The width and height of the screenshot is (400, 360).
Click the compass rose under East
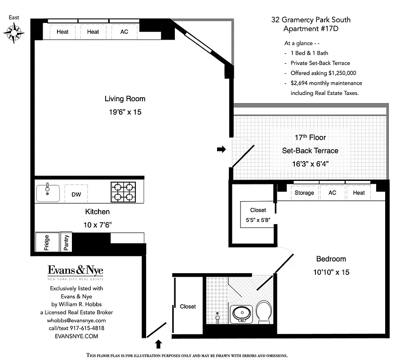(x=13, y=32)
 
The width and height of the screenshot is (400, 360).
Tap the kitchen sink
(x=48, y=193)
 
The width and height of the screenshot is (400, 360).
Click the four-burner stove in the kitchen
(x=124, y=192)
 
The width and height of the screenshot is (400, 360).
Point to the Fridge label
(x=47, y=243)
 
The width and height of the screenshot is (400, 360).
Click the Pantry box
(x=66, y=243)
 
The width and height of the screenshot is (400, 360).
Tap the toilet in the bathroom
(x=264, y=311)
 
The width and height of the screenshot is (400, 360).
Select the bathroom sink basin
(x=241, y=313)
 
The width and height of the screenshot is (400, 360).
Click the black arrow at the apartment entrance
(x=158, y=344)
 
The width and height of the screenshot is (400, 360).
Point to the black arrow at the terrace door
(x=221, y=149)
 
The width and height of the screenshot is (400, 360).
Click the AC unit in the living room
(x=124, y=32)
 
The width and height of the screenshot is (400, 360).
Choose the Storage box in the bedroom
(x=304, y=193)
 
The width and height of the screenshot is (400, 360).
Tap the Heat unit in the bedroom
(x=359, y=193)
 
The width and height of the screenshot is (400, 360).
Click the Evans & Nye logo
(x=76, y=271)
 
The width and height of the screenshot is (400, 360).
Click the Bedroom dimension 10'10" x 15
(x=333, y=272)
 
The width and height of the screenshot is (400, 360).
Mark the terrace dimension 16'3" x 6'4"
(x=310, y=164)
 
